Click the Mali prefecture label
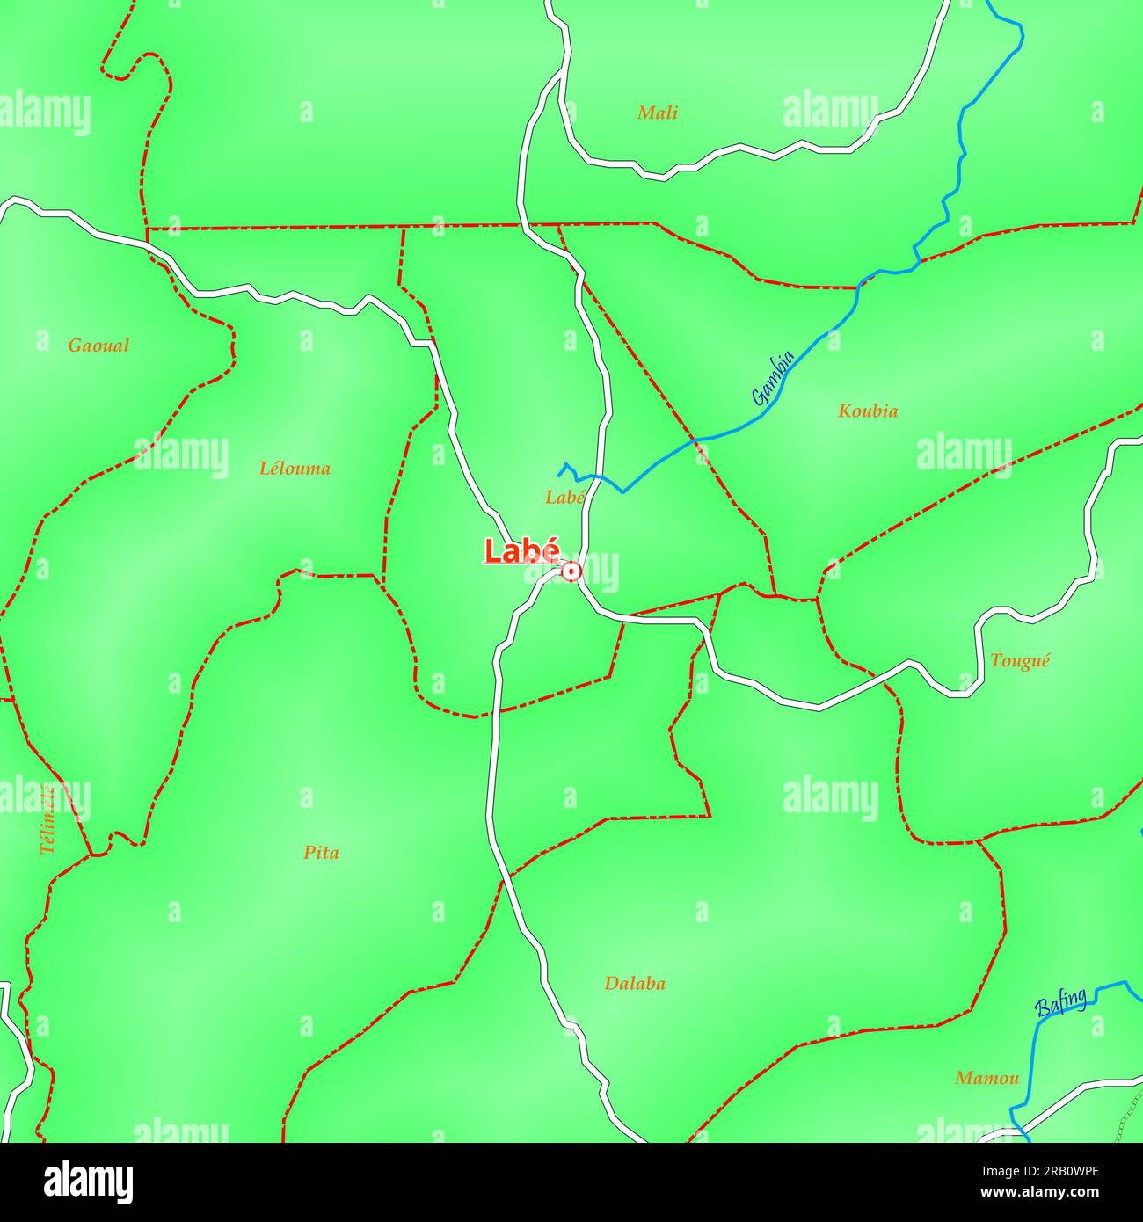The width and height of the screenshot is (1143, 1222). click(658, 113)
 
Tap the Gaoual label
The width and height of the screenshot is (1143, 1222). click(98, 346)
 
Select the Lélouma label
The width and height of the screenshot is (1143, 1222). click(295, 468)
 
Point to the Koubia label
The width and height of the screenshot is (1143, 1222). click(868, 411)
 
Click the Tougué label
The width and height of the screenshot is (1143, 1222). click(1020, 660)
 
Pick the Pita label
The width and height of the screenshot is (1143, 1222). click(321, 852)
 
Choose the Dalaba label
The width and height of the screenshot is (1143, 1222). click(634, 983)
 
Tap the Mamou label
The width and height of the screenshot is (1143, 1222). click(986, 1078)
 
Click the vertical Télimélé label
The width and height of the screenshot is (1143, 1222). click(48, 820)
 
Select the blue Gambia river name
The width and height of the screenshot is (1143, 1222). click(773, 378)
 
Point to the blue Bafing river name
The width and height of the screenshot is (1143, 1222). click(1061, 1002)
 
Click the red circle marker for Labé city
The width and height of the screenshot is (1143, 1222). click(571, 572)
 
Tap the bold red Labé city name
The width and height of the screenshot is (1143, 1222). click(521, 551)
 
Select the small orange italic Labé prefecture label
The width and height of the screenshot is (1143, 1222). click(564, 497)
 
